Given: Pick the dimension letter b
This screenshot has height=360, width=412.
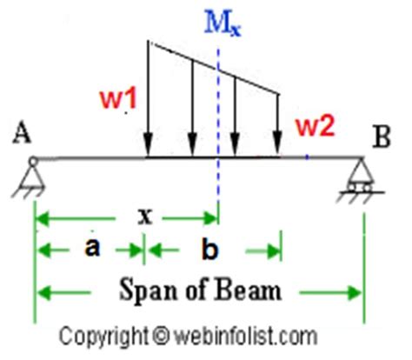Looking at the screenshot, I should pyautogui.click(x=209, y=250).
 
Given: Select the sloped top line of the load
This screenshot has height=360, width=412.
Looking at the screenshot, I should pyautogui.click(x=213, y=67).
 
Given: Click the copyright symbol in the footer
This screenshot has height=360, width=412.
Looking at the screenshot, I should pyautogui.click(x=158, y=333).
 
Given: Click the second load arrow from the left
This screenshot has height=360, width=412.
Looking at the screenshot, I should pyautogui.click(x=191, y=109).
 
